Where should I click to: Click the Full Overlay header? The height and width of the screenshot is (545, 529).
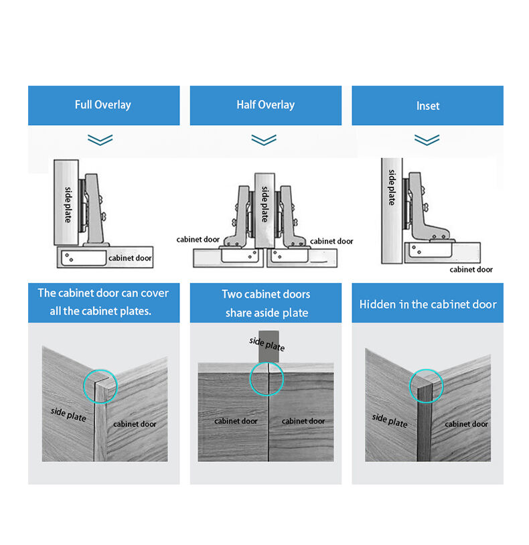click(x=103, y=105)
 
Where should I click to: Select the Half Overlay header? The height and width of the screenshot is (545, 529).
click(x=265, y=105)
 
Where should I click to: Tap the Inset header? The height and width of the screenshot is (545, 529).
click(x=427, y=105)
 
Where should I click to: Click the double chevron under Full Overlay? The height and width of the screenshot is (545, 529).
click(x=100, y=140)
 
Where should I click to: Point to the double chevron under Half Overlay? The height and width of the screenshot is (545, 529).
click(x=264, y=140)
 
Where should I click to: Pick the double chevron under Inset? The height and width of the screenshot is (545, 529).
click(x=427, y=140)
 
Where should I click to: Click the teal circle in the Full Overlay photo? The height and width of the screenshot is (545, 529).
click(x=100, y=387)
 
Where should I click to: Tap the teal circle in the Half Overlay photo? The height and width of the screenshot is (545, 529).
click(x=267, y=379)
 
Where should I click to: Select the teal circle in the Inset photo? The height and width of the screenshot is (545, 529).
click(x=425, y=385)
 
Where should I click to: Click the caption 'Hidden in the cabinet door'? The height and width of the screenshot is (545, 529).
click(x=427, y=305)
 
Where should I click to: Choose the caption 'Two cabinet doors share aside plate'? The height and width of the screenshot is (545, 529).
click(x=265, y=303)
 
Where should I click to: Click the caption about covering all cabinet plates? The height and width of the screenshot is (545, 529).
click(x=103, y=303)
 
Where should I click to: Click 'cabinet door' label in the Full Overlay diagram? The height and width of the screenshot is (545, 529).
click(x=130, y=258)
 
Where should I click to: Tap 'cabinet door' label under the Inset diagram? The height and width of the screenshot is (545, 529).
click(x=471, y=269)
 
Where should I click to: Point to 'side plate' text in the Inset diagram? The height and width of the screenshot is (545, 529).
click(x=392, y=187)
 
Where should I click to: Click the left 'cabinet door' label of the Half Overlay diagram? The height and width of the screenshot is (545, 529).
click(x=198, y=240)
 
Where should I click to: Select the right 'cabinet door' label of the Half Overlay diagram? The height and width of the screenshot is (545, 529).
click(x=331, y=241)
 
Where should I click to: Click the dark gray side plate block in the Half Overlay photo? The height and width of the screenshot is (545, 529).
click(x=268, y=345)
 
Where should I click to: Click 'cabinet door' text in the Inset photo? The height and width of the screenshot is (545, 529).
click(x=466, y=424)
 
